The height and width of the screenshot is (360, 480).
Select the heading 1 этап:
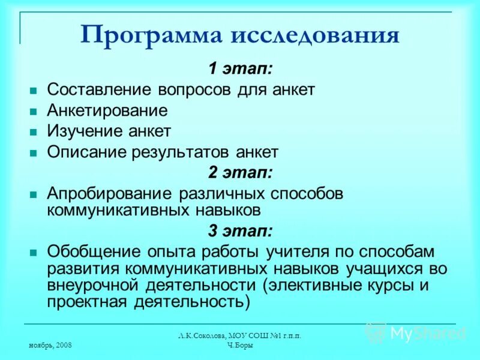[240, 68]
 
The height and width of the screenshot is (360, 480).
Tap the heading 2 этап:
[240, 173]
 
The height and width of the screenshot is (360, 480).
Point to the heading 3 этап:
[240, 230]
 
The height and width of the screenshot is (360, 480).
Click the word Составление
[100, 89]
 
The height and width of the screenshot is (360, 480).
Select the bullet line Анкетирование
[107, 110]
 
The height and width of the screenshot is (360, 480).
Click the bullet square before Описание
[34, 152]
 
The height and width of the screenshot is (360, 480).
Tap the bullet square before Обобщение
[34, 251]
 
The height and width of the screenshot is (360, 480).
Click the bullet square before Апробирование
[34, 194]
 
